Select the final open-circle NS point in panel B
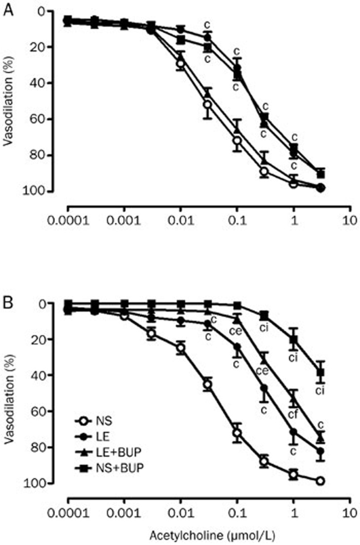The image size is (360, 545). coord(320,481)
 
